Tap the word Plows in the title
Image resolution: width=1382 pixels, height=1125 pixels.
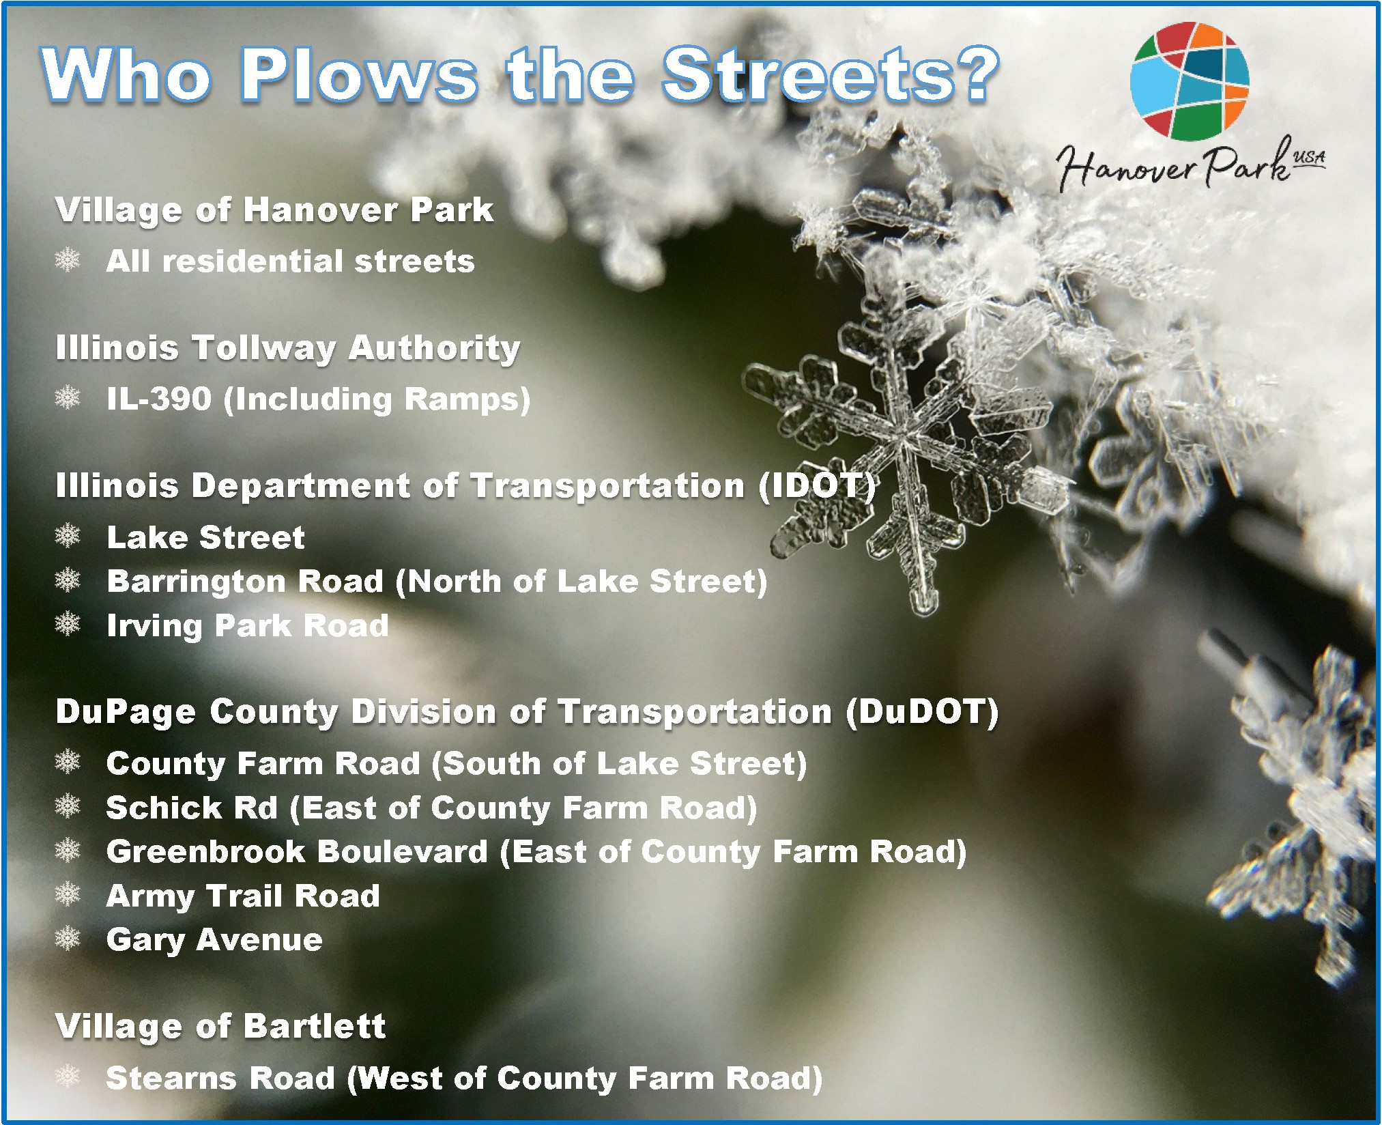coord(359,74)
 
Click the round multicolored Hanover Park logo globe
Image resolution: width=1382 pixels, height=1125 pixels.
coord(1190,80)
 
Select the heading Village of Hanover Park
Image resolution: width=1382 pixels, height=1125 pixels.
coord(274,210)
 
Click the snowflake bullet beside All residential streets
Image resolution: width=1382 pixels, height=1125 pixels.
coord(68,260)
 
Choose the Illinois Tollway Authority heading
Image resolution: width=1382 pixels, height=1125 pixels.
coord(288,348)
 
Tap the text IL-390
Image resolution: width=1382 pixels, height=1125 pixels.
coord(159,399)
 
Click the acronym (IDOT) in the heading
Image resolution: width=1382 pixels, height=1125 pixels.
coord(817,486)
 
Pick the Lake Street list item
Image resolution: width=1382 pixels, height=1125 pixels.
coord(205,537)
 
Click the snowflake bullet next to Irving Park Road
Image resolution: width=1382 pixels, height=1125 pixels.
coord(68,624)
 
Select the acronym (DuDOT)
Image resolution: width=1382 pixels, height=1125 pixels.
coord(922,712)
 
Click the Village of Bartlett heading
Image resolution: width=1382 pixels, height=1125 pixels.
coord(220,1027)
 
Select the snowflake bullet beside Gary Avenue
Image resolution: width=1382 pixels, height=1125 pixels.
coord(68,939)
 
